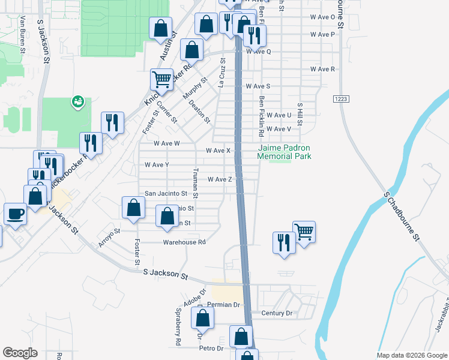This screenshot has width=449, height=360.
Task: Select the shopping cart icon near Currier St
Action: pos(161,79)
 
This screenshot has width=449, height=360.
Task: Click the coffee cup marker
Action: pos(15,213)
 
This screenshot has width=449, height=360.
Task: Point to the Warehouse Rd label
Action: pos(184,242)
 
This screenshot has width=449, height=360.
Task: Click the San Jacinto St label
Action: pos(166,194)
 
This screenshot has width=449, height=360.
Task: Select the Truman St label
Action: pos(195,183)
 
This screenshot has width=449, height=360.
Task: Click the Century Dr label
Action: pos(277,313)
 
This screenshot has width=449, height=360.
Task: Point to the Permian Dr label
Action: pos(223,305)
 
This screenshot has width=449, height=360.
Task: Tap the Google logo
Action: pos(20,353)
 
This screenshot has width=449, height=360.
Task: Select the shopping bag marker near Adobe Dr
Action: pos(203,317)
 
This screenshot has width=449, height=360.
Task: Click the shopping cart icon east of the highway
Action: pos(304,231)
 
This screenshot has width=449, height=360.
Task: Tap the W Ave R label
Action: pos(322,70)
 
